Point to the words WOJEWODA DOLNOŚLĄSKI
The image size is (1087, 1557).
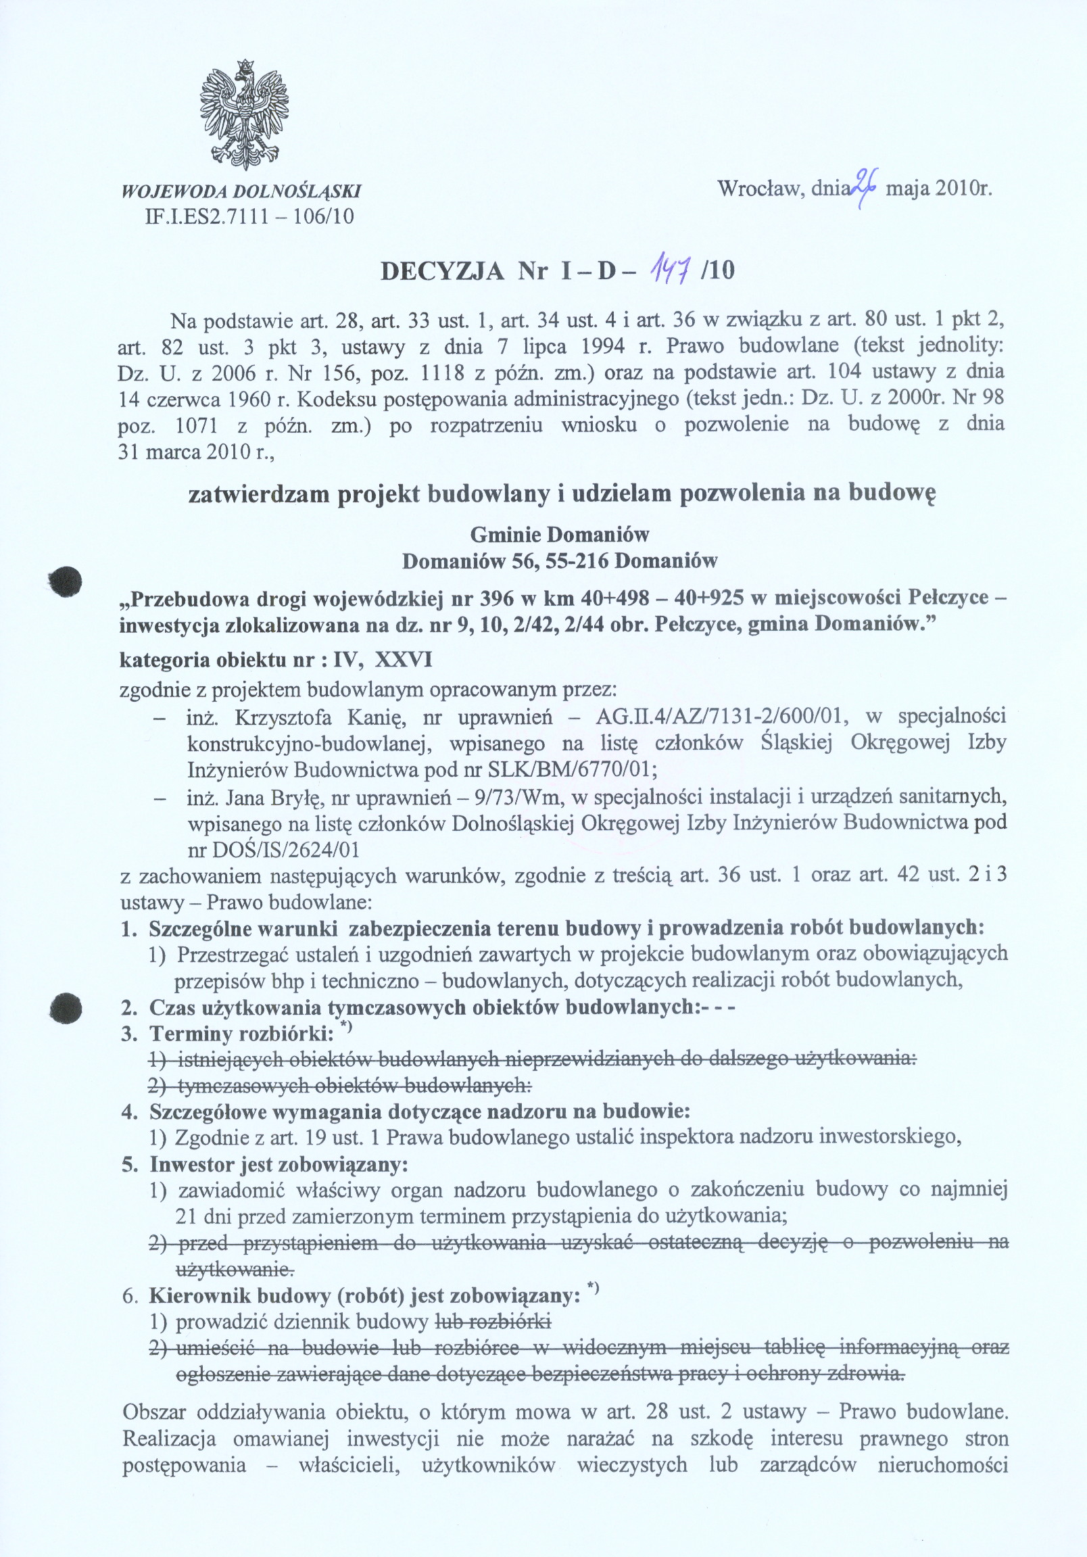pyautogui.click(x=240, y=191)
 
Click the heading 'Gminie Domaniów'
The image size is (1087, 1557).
pyautogui.click(x=560, y=535)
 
